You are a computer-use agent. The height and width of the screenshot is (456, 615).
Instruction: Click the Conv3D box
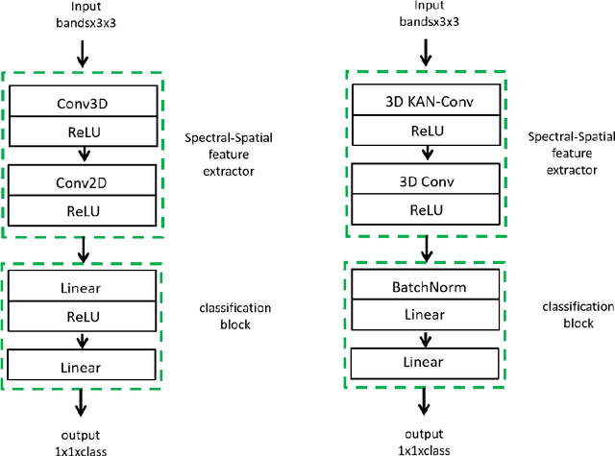coord(82,98)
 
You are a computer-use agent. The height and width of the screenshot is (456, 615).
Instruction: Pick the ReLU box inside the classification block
coord(82,312)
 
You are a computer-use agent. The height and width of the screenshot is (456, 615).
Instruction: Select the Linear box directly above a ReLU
coord(82,286)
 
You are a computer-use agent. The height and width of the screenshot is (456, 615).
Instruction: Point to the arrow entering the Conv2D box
coord(82,151)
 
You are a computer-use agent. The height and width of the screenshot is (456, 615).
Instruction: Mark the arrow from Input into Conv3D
coord(82,55)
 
